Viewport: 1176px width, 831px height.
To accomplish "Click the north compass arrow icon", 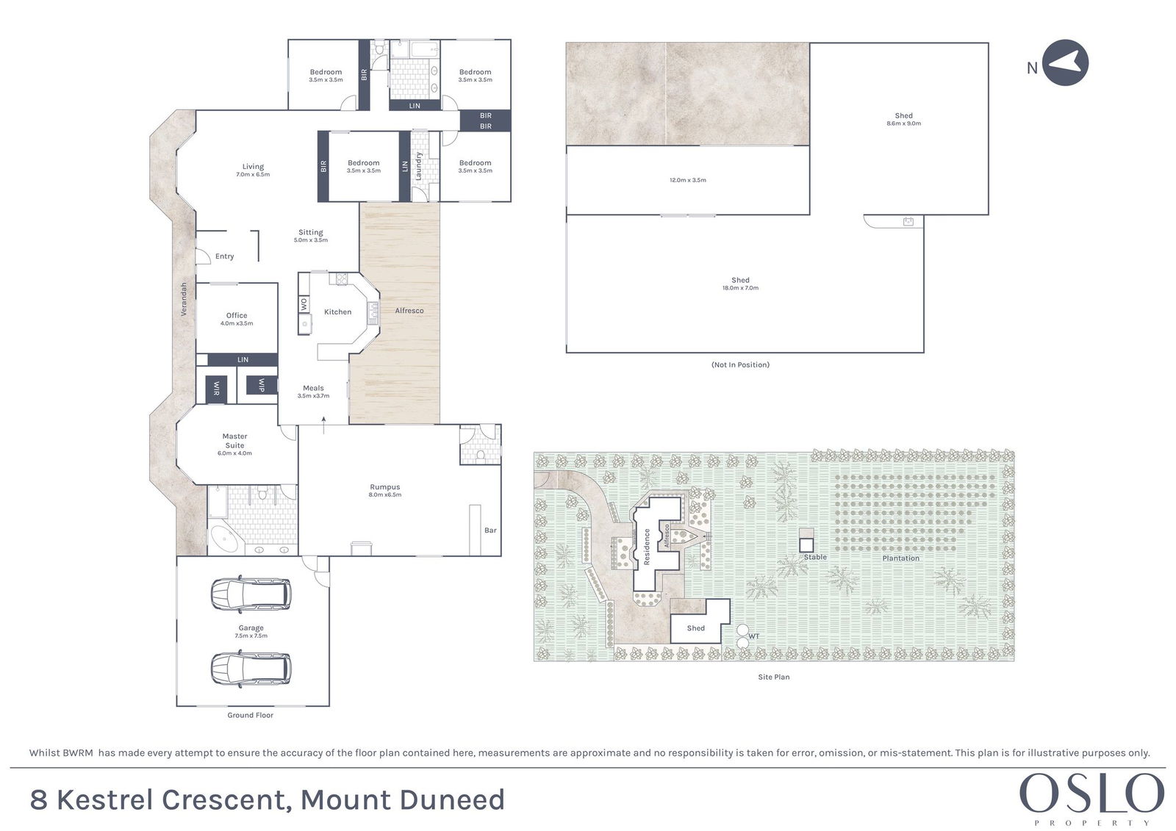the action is point(1065,62).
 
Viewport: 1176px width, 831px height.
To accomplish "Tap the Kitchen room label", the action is point(337,312).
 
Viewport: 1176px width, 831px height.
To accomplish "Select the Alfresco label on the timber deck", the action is point(409,311).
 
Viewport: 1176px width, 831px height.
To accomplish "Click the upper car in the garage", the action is point(251,594).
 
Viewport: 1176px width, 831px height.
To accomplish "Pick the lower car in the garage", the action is point(251,669).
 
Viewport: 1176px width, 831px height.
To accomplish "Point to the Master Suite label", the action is point(234,440).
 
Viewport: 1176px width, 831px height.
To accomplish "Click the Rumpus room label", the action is point(385,487).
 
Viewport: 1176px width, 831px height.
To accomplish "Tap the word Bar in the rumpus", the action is point(490,530).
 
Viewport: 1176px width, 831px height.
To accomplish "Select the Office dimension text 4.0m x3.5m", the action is point(237,323).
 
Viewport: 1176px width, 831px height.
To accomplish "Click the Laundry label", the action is point(418,166).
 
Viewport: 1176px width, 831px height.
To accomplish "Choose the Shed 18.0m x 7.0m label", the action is point(740,284).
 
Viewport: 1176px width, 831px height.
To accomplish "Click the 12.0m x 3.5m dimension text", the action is point(688,180).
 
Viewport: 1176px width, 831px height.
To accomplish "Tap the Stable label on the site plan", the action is point(815,557).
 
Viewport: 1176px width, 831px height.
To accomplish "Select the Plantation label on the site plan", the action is point(901,558).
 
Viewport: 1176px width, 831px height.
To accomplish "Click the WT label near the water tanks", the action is point(754,636).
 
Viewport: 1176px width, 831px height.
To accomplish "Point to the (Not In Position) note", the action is point(740,364).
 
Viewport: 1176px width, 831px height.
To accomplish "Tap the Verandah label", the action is point(184,299).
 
